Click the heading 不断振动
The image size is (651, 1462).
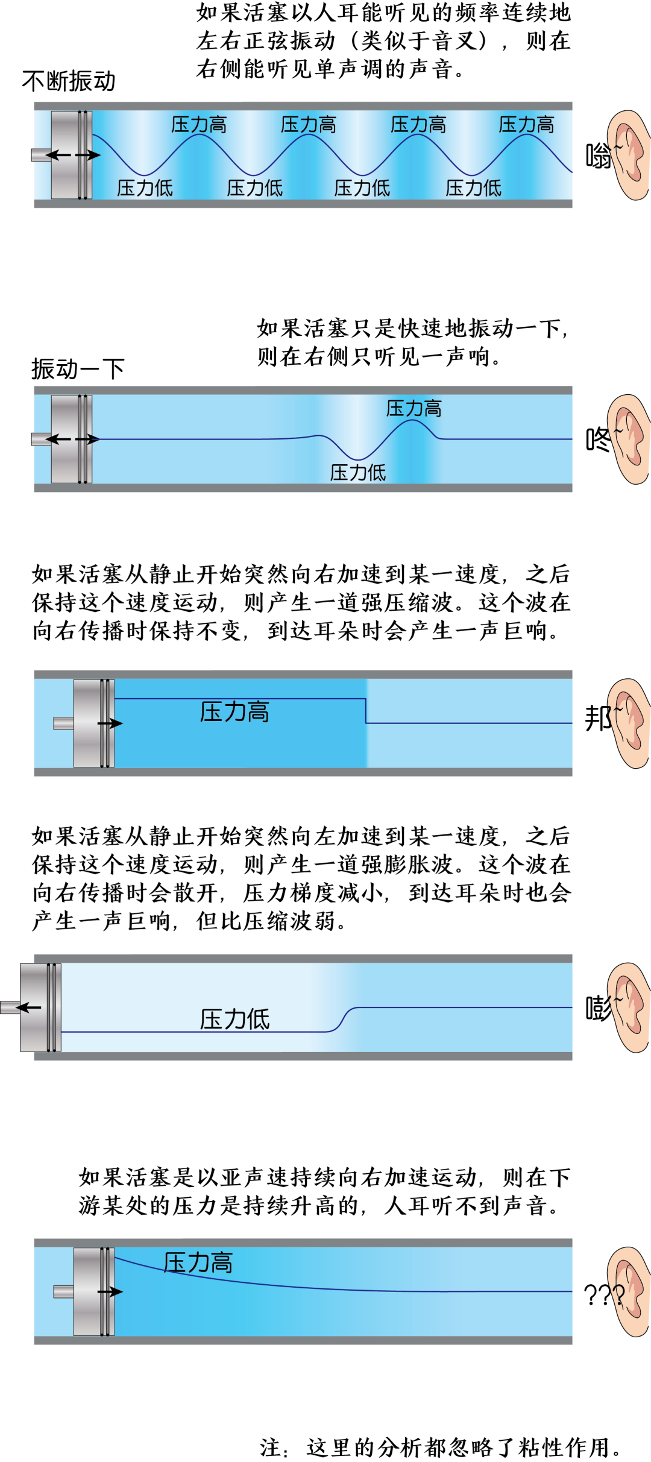coord(68,81)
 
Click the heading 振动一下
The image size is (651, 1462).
coord(78,368)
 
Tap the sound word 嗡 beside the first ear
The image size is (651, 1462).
coord(598,156)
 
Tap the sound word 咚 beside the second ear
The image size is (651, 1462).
coord(598,440)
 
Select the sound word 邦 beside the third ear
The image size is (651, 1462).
coord(597,719)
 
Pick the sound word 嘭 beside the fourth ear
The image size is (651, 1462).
coord(598,1008)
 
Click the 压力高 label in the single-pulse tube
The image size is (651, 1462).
coord(414,409)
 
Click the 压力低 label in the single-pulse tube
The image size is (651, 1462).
coord(357,473)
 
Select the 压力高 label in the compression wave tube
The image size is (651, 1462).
coord(234,712)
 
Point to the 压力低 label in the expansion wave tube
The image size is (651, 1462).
coord(234,1019)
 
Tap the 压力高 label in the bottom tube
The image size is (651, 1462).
coord(198,1262)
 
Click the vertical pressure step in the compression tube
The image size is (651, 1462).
coord(366,711)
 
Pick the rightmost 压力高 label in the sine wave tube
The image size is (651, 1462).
coord(526,125)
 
